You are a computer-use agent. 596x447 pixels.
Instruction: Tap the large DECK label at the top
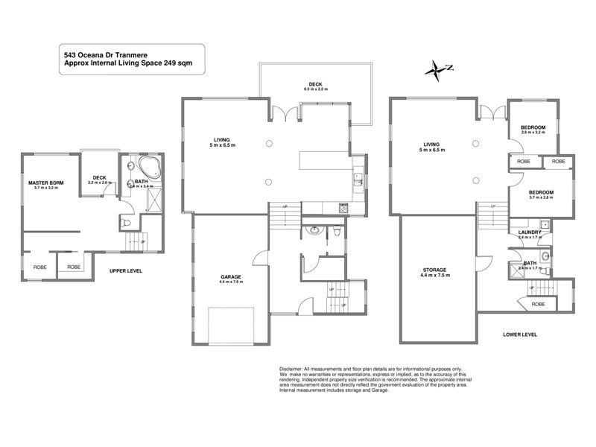point(315,85)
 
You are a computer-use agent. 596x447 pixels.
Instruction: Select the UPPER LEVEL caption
point(125,270)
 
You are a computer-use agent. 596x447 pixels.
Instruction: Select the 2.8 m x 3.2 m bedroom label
point(534,130)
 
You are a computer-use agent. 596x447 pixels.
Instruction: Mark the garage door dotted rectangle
point(232,321)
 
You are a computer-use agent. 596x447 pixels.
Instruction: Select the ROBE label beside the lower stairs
point(539,304)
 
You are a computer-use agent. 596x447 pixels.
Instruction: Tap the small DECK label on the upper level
point(98,180)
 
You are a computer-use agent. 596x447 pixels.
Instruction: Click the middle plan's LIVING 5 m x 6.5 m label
point(221,142)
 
